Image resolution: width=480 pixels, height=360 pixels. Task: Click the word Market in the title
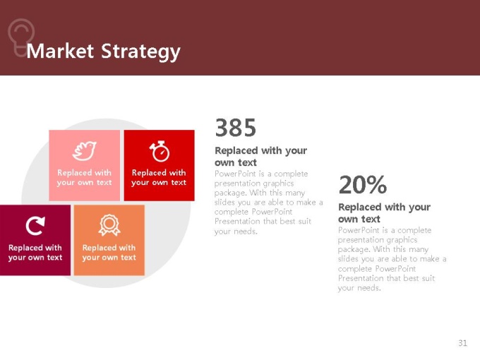point(60,51)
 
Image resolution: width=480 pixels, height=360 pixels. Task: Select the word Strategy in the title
point(140,52)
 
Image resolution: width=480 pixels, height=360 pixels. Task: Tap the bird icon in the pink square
point(84,150)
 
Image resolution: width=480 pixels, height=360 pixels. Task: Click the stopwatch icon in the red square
point(160,151)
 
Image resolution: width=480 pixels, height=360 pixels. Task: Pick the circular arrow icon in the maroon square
point(35,226)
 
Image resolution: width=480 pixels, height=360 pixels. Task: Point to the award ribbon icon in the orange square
point(109,225)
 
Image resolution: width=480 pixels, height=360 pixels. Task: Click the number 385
point(235,128)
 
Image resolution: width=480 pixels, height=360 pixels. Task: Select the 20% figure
point(363,184)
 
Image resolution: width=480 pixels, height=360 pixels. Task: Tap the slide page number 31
point(462,343)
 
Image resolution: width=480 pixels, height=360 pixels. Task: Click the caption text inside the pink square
point(84,178)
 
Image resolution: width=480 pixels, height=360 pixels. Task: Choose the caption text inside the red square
point(159,178)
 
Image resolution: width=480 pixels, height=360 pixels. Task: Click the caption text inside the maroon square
point(35,253)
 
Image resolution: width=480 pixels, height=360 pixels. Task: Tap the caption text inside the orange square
point(109,253)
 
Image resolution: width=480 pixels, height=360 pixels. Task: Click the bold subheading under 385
point(260,157)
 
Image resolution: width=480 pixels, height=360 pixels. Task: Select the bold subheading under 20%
point(384,213)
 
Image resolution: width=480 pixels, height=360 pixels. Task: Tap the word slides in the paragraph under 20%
point(348,258)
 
